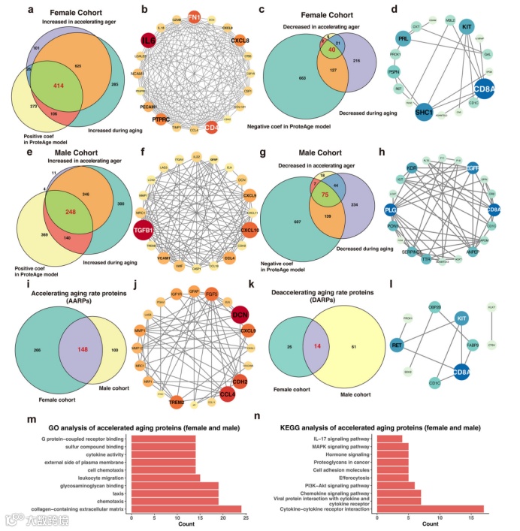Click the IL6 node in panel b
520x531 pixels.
point(148,41)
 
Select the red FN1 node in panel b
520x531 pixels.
point(193,17)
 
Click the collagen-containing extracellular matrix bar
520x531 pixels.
point(186,508)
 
